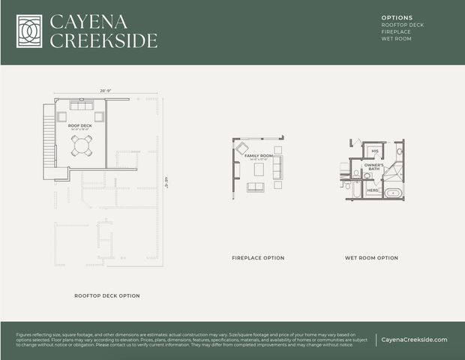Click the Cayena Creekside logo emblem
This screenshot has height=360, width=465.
pos(30,31)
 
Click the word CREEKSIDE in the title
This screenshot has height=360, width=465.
pos(103,40)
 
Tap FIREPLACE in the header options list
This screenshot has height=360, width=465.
pos(397,31)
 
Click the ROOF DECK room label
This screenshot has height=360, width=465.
pos(80,125)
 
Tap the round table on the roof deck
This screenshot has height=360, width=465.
pos(82,145)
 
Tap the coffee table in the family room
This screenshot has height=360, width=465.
pos(259,169)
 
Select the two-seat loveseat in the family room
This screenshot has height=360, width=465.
pos(256,187)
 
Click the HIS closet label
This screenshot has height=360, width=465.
pos(374,151)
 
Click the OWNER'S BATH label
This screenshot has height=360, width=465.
pos(374,166)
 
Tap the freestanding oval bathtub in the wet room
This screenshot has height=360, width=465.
pos(394,193)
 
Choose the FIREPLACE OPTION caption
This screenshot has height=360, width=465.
pos(258,258)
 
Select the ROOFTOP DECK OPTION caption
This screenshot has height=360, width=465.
pos(106,295)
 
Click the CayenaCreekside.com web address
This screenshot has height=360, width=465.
pos(414,340)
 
